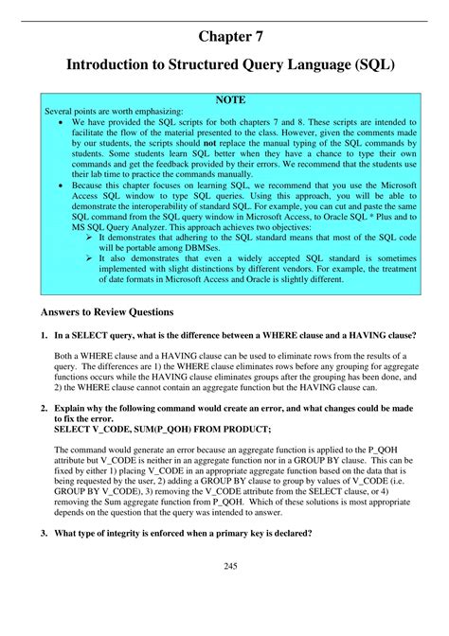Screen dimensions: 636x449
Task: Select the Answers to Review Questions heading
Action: [x=107, y=311]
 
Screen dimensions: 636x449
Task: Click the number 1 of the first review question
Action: [x=44, y=335]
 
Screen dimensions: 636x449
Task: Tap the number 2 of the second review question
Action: [x=44, y=408]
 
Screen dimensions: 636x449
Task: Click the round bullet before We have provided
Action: [x=62, y=123]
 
